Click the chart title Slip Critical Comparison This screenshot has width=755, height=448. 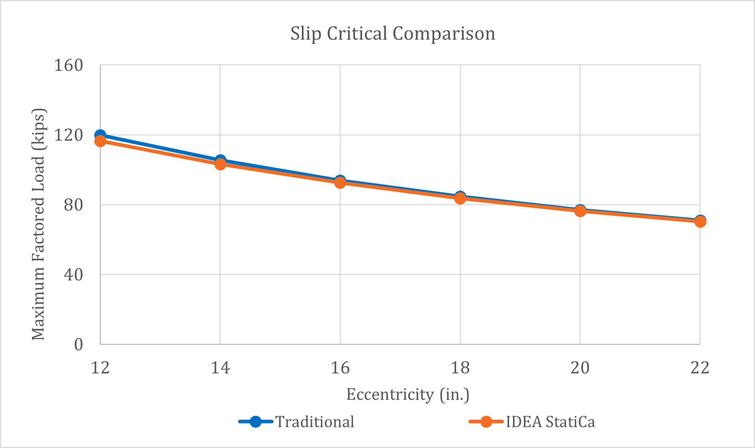point(393,33)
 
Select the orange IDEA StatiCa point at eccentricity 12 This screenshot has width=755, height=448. point(100,141)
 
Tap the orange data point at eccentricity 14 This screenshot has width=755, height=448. point(220,164)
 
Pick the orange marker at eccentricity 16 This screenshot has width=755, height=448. point(340,183)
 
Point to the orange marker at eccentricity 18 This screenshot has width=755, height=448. point(460,198)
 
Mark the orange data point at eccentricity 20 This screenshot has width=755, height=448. point(580,211)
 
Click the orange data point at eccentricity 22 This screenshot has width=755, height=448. point(700,221)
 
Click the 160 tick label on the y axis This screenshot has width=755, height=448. point(68,66)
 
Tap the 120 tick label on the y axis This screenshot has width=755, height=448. point(68,135)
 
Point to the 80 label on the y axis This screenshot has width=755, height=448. point(73,205)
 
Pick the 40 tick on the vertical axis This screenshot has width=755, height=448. point(73,274)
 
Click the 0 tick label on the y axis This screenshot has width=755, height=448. point(78,344)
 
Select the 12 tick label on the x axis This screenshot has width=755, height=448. point(100,368)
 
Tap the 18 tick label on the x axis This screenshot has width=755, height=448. point(460,368)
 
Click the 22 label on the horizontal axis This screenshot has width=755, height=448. point(700,368)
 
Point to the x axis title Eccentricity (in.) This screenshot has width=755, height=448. point(407,395)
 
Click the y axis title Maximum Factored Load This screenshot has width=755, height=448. point(38,224)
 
